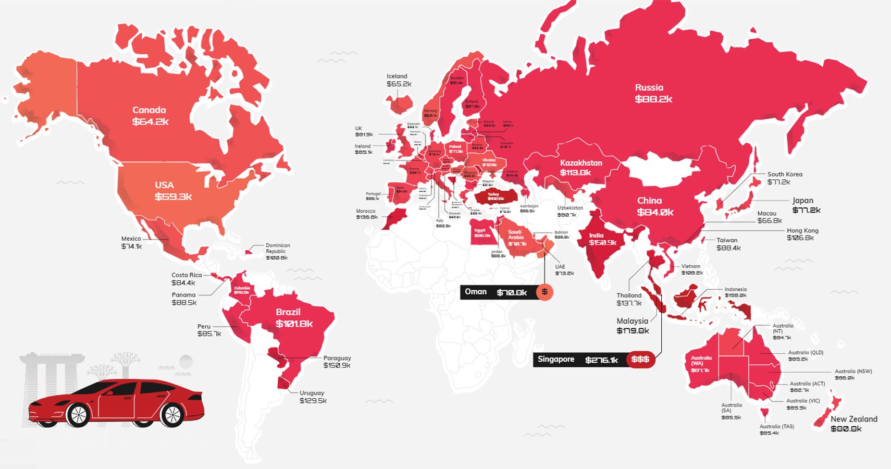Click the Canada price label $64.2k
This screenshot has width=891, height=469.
[150, 122]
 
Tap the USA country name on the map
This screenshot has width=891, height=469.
[164, 185]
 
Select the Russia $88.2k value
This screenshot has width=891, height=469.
[653, 99]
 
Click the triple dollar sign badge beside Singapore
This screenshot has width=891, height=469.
[640, 360]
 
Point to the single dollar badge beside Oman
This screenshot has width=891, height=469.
[544, 292]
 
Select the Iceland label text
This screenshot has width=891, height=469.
[397, 76]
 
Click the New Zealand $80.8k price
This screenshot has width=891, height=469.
[846, 429]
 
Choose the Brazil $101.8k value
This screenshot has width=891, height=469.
[294, 324]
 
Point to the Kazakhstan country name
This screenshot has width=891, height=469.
[581, 163]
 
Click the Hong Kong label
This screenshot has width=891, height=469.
[802, 230]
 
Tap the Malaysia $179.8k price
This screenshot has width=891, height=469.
[633, 331]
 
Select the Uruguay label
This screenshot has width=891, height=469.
[312, 393]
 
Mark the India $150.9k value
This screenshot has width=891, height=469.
[603, 243]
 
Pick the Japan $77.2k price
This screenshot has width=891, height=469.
[806, 210]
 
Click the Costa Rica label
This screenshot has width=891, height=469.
[187, 275]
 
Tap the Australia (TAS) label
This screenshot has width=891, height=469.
[776, 426]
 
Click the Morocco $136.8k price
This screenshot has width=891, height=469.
[367, 217]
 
